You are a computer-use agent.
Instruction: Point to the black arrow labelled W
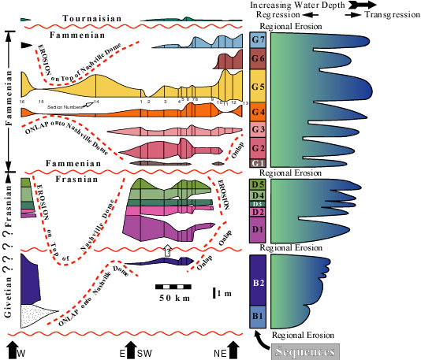point(13,347)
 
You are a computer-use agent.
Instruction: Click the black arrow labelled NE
point(233,347)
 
